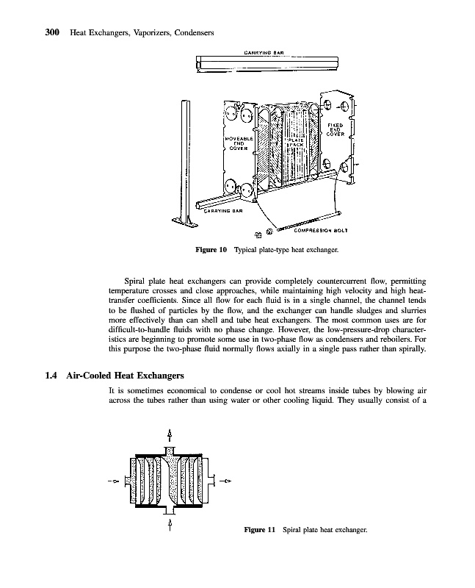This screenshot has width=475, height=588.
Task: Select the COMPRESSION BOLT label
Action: tap(320, 229)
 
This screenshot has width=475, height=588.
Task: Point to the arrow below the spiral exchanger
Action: tap(170, 526)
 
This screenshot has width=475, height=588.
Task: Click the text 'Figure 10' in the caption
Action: tap(211, 251)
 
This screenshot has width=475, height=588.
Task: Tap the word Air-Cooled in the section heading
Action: tap(88, 376)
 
